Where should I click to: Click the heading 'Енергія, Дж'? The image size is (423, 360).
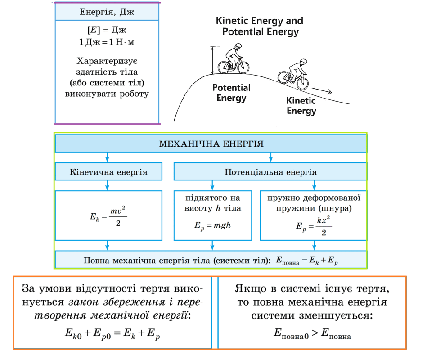pos(107,12)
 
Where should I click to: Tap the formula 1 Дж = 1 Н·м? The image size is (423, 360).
pos(107,42)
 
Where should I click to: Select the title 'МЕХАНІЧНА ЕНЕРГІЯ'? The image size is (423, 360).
pos(211,144)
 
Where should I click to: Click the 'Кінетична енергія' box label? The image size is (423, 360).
pos(108,172)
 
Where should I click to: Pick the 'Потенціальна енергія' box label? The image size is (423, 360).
pos(270,172)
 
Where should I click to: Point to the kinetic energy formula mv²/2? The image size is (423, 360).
pos(108,216)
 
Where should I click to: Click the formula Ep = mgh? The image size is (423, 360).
pos(212,225)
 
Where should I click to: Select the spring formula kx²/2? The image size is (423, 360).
pos(314,226)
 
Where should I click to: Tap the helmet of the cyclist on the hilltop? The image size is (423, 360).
pos(238,45)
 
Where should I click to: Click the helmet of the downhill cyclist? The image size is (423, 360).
pos(303,61)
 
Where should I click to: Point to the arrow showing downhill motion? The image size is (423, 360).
pos(322,91)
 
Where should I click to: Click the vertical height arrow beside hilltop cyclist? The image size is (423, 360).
pos(212,60)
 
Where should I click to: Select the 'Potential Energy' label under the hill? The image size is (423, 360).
pos(231,93)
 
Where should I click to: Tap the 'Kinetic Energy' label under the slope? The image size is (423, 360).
pos(301,106)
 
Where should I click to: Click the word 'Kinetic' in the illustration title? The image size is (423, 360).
pos(234,21)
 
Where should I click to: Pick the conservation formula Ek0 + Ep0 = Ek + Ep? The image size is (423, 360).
pos(112,333)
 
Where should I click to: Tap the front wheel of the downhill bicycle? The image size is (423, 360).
pos(302,83)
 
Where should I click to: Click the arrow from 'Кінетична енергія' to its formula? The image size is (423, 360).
pos(108,185)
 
